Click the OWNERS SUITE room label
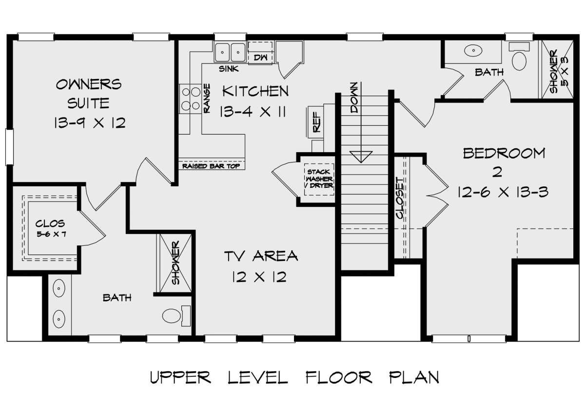89,94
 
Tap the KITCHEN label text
255,91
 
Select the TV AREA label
261,256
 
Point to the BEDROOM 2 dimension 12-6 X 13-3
503,192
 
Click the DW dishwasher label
260,57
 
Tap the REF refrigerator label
316,122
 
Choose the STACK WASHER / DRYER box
319,179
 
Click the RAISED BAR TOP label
211,166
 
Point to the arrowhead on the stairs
361,157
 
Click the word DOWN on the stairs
353,98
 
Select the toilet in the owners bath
176,316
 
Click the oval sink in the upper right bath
473,50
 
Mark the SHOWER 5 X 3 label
559,71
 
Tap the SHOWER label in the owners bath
175,262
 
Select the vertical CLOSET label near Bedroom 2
400,198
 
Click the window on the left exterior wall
9,147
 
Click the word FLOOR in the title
339,377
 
